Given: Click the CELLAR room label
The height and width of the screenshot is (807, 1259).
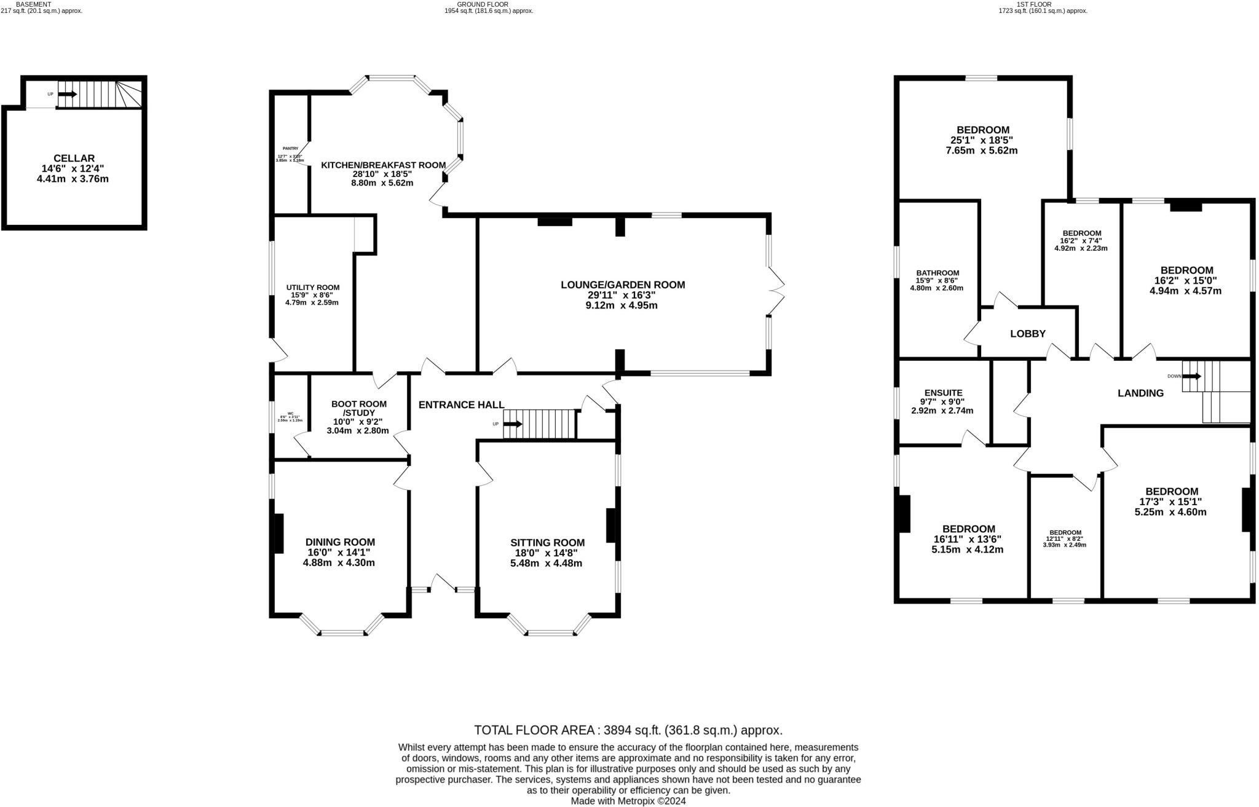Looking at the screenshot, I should coord(74,159).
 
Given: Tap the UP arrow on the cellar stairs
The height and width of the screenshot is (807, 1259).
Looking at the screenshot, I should coord(68,94).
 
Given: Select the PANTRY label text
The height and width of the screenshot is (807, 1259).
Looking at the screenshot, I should coord(290,148).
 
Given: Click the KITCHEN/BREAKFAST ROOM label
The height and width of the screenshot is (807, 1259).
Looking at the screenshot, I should coord(383,165).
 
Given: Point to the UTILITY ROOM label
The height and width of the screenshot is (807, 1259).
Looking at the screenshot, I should coord(312,287).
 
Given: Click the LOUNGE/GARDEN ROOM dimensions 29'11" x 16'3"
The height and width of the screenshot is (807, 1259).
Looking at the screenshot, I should coord(622,295).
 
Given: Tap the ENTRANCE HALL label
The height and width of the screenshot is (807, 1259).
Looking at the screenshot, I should coord(461,404).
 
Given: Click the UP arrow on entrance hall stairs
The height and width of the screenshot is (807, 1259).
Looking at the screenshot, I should coord(513,424).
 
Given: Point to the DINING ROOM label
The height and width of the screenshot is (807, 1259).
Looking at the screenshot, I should coord(340,542).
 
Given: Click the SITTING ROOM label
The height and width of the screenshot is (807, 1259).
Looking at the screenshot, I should coord(547,543).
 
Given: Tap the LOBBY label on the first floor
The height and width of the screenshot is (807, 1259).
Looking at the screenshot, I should coord(1028,334).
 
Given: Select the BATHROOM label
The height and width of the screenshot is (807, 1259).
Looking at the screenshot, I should coord(937,273).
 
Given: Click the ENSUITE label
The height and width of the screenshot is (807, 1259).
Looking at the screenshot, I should coord(943,393).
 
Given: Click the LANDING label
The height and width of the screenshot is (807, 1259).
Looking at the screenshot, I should coord(1140,393).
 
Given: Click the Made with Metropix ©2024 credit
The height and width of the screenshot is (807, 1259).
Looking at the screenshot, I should coord(628,801).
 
